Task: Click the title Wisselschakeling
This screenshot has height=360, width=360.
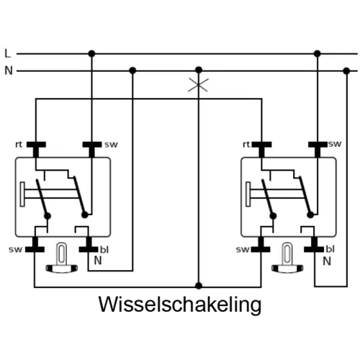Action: click(180, 305)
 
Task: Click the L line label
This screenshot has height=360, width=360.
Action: click(8, 53)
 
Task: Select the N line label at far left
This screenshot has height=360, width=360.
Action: click(9, 71)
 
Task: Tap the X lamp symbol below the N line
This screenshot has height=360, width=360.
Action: click(198, 85)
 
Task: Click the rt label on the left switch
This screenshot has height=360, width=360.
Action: click(19, 145)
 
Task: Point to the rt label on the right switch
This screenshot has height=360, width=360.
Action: click(246, 145)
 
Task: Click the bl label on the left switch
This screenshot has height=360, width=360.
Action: click(104, 250)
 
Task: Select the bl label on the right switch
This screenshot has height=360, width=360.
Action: click(330, 249)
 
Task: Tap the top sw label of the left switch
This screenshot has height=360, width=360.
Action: click(111, 145)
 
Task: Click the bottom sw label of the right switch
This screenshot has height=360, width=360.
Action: click(243, 250)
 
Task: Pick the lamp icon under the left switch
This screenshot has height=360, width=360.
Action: click(62, 258)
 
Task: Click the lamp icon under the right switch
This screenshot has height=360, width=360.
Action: click(287, 258)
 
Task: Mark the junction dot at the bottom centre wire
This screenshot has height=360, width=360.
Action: click(199, 286)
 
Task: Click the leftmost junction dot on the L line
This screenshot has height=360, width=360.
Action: click(91, 53)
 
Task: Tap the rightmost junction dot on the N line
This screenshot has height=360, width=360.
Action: click(346, 71)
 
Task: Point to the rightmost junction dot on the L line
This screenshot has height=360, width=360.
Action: click(318, 53)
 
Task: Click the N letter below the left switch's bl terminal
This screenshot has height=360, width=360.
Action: click(98, 261)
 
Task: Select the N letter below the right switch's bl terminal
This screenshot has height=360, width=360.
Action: click(327, 261)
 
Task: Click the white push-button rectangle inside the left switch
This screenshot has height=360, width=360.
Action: click(22, 194)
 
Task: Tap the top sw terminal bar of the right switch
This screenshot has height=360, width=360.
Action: click(318, 145)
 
